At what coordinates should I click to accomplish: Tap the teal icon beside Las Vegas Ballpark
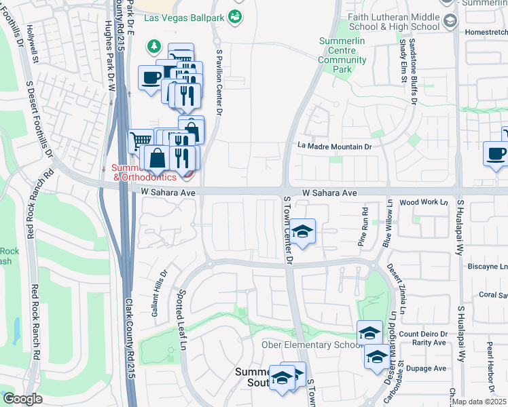pyautogui.click(x=235, y=16)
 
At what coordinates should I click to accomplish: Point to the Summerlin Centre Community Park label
pyautogui.click(x=342, y=55)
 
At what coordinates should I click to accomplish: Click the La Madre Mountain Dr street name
pyautogui.click(x=335, y=146)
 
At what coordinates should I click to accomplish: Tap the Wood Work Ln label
pyautogui.click(x=424, y=202)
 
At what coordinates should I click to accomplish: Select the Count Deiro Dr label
pyautogui.click(x=423, y=334)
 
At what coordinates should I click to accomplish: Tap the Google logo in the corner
pyautogui.click(x=22, y=399)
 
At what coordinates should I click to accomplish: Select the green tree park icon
pyautogui.click(x=155, y=46)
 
